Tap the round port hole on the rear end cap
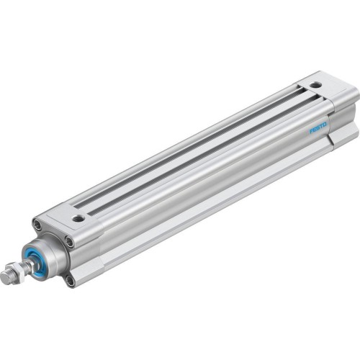tap(315, 85)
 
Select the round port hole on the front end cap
tap(78, 217)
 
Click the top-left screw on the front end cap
tap(37, 225)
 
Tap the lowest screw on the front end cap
tap(70, 279)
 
